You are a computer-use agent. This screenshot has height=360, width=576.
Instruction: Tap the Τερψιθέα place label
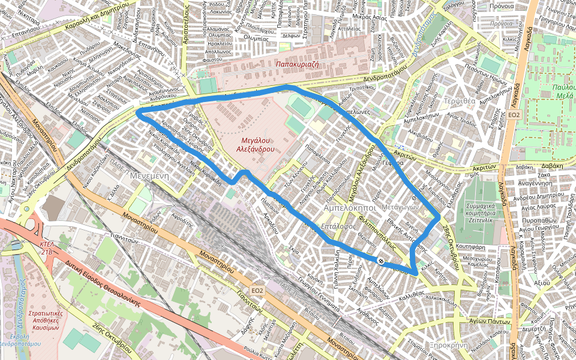click(460, 101)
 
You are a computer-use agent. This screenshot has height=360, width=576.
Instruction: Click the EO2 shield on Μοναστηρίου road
click(257, 290)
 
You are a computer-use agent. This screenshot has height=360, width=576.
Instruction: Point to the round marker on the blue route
click(381, 260)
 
